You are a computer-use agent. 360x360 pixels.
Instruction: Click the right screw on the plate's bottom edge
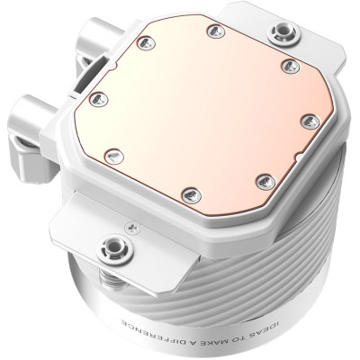tap(261, 180)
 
